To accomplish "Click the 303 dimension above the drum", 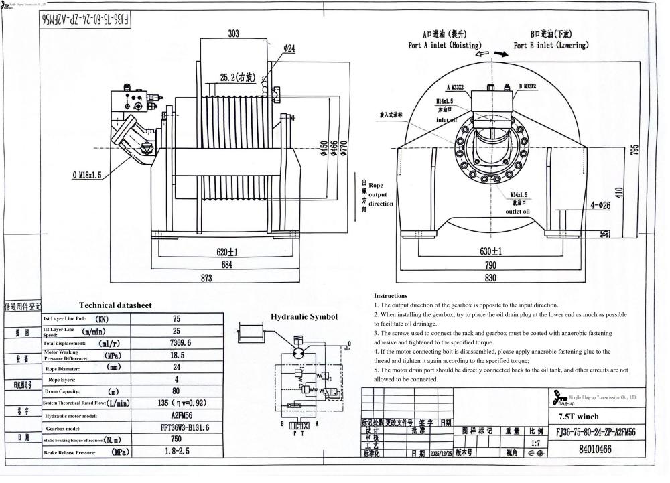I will (x=233, y=33).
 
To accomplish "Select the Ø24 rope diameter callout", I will (x=289, y=48).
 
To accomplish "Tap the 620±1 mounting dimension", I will (x=228, y=252).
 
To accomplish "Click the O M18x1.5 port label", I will (x=86, y=175).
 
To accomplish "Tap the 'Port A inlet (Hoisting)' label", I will (x=443, y=46).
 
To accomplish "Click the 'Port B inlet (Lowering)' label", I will (x=551, y=46).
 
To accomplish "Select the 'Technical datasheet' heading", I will (x=115, y=305).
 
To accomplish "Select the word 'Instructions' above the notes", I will (x=391, y=295).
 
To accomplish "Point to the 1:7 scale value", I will (x=535, y=443).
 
